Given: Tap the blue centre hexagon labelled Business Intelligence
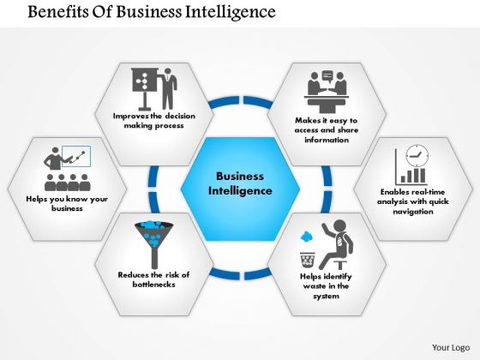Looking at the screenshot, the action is point(240,189).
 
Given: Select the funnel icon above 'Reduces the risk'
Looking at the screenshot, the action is point(154,244).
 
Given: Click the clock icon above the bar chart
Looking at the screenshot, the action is point(417,156).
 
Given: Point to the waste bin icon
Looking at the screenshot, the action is point(308,260).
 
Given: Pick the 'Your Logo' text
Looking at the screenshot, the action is point(451,348).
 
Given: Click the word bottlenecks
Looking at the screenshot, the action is point(154,285).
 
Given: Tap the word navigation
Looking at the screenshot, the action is point(413,212).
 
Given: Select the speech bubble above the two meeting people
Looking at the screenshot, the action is point(327,76).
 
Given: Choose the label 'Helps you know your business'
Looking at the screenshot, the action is point(67,204).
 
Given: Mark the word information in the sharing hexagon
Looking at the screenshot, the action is point(327,140).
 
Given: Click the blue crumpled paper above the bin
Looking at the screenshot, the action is point(306,237).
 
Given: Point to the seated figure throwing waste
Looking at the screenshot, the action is point(335,244).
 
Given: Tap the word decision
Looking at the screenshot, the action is point(179,116).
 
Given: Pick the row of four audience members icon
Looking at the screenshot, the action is point(68,183).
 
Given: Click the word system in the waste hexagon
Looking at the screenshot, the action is point(326,296).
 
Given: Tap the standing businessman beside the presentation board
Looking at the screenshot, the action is point(168,89).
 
